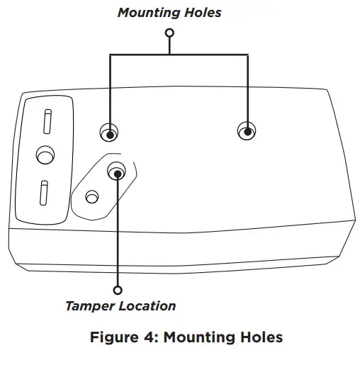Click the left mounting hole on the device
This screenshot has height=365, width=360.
(x=110, y=132)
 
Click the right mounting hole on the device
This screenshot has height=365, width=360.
(x=247, y=130)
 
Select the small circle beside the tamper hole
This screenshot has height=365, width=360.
(x=91, y=196)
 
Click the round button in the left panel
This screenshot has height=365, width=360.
(x=45, y=153)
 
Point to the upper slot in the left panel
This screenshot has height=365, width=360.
(x=47, y=121)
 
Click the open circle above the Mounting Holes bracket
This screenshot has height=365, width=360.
(x=169, y=33)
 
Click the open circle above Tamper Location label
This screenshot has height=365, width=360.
(x=117, y=290)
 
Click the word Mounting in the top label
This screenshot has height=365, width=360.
(x=145, y=13)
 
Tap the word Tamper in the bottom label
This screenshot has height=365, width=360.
(x=87, y=306)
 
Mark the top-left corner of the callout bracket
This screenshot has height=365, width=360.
(x=110, y=55)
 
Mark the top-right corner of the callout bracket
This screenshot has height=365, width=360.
(x=247, y=55)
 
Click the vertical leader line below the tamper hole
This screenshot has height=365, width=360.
(x=117, y=234)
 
